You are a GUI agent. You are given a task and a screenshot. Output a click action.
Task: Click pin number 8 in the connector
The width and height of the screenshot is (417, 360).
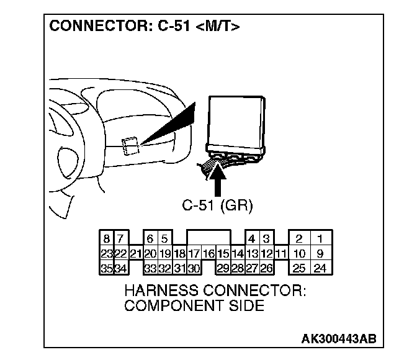pos(107,238)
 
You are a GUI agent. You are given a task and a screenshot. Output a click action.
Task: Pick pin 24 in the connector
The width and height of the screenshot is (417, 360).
pos(320,268)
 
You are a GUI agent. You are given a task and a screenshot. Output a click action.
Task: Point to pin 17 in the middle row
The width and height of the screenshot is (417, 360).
pos(194,253)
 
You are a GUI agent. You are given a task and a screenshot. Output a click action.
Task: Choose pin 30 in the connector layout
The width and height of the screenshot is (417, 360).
pos(194,268)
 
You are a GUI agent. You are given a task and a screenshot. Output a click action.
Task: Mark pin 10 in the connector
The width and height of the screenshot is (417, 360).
pos(299,253)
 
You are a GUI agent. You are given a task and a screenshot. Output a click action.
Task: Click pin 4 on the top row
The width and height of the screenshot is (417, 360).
pos(251,238)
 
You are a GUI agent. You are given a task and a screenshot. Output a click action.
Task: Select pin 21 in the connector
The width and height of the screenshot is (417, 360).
pos(136,253)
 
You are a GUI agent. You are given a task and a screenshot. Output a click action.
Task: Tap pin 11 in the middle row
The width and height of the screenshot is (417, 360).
pos(280,253)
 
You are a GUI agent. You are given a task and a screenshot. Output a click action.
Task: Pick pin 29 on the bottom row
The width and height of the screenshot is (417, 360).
pos(223,268)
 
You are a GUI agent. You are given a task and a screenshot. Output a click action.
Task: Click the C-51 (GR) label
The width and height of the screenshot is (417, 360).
pos(217,206)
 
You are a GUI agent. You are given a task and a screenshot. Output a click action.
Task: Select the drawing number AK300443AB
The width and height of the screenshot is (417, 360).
pos(338,339)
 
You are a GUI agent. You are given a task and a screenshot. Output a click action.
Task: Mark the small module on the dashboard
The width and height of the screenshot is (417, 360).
pos(130,146)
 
